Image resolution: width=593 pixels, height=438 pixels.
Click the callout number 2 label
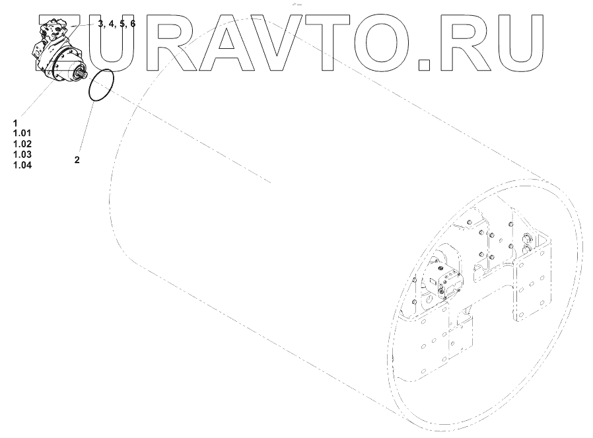click(x=77, y=160)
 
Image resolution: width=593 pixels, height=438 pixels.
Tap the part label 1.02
click(x=22, y=144)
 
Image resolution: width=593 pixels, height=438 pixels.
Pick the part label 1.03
click(x=22, y=154)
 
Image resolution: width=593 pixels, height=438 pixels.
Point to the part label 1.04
click(x=22, y=164)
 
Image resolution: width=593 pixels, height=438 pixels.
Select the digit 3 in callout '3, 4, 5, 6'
click(x=100, y=24)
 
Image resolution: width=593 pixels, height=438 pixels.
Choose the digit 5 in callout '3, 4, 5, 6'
click(x=122, y=24)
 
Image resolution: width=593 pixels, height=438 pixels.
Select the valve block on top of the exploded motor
click(x=51, y=30)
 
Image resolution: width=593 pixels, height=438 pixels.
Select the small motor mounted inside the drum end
click(x=445, y=278)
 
